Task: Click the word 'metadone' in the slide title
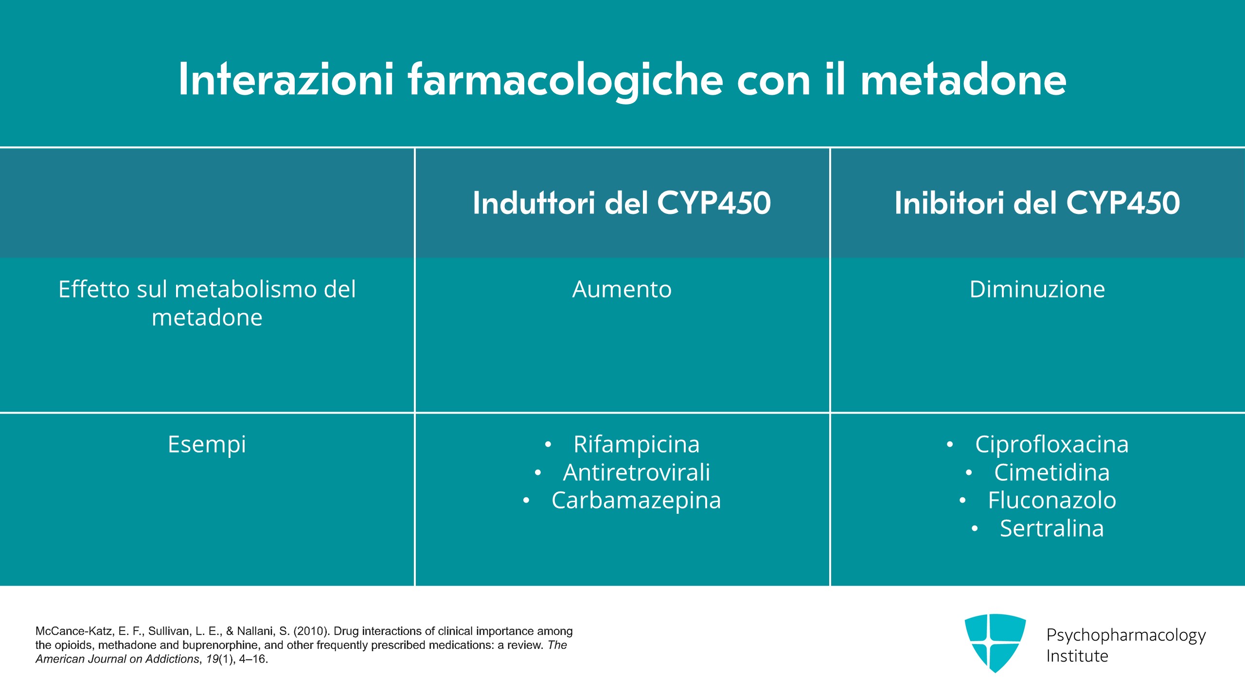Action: [x=963, y=79]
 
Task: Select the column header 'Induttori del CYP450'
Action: [x=622, y=203]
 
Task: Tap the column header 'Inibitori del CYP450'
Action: [x=1037, y=203]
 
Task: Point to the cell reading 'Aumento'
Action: [x=622, y=289]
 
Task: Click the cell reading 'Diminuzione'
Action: [x=1037, y=289]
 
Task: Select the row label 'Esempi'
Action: [x=207, y=445]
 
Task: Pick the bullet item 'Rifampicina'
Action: [x=637, y=444]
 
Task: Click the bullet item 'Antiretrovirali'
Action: [x=637, y=472]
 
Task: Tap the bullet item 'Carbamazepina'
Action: [x=637, y=501]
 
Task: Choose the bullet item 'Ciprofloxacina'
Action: [x=1052, y=444]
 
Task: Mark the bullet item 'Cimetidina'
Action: [x=1052, y=472]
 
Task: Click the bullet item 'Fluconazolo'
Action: [x=1052, y=501]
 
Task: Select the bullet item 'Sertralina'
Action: [x=1052, y=528]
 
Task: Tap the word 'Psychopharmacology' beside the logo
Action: [x=1126, y=636]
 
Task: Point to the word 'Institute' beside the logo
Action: [x=1077, y=656]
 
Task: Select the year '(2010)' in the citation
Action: [x=312, y=631]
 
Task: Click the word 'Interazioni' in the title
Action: [x=286, y=79]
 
